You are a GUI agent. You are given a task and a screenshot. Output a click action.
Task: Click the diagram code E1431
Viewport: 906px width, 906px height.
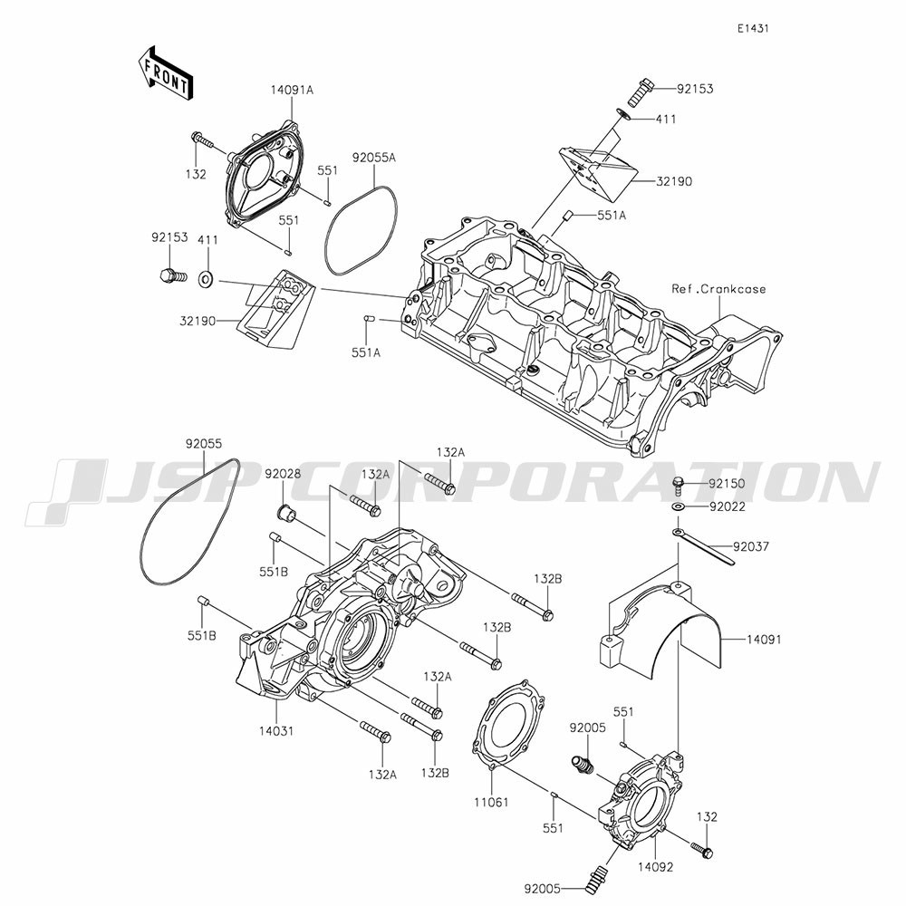coord(753,28)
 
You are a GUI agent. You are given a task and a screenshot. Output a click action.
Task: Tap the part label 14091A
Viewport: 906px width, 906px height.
coord(292,90)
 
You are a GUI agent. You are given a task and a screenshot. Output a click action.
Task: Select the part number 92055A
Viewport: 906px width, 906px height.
coord(374,157)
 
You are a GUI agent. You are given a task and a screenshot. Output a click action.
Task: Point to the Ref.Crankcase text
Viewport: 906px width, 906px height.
coord(718,288)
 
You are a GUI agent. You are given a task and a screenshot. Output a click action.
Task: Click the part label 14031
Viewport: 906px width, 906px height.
coord(276,731)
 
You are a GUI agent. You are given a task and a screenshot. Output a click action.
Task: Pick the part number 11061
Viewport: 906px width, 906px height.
coord(491,802)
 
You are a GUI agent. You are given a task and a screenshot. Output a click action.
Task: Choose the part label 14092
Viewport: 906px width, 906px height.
coord(656,867)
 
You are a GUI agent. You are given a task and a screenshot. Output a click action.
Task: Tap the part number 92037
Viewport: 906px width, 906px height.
coord(752,546)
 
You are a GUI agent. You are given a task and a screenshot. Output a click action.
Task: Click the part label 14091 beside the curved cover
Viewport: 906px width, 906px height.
coord(764,640)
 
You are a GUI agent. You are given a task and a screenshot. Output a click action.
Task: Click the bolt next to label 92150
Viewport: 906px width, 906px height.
coord(679,486)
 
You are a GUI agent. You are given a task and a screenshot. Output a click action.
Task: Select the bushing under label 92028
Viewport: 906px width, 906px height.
coord(284,513)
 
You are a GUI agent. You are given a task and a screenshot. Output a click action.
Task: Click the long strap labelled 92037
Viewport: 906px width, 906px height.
coord(703,546)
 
